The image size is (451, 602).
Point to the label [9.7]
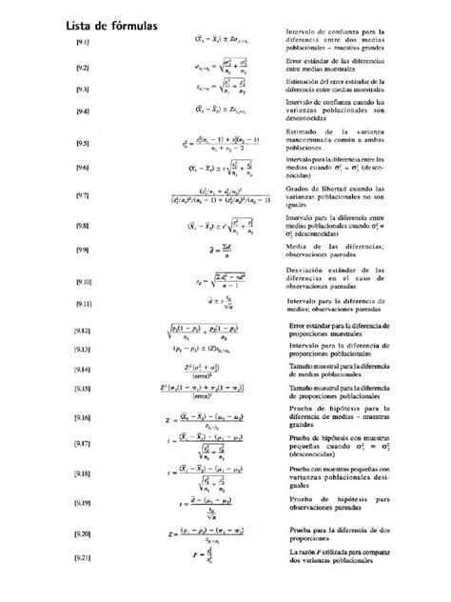click(83, 196)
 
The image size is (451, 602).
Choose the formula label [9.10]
click(83, 283)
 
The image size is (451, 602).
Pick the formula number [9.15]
click(83, 389)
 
